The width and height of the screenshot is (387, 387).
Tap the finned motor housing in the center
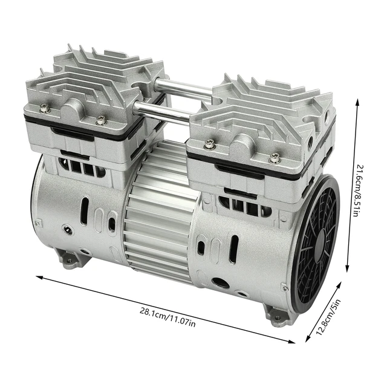point(158,209)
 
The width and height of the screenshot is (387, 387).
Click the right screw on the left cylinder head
point(100,119)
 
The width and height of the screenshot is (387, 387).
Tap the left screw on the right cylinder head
point(209,144)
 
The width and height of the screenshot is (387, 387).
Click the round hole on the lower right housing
point(221,282)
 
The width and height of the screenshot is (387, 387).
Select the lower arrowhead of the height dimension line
point(349,272)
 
